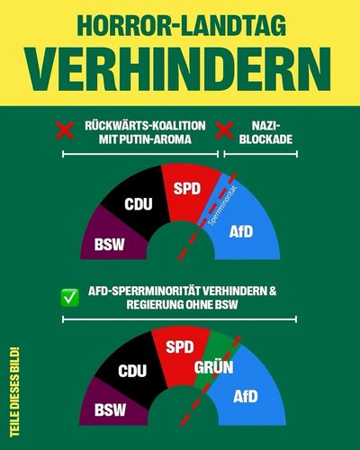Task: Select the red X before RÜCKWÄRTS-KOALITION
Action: (x=65, y=131)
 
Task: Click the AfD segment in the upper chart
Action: (x=240, y=230)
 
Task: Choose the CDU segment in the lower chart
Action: (x=132, y=370)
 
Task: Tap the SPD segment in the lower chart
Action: (x=180, y=347)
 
